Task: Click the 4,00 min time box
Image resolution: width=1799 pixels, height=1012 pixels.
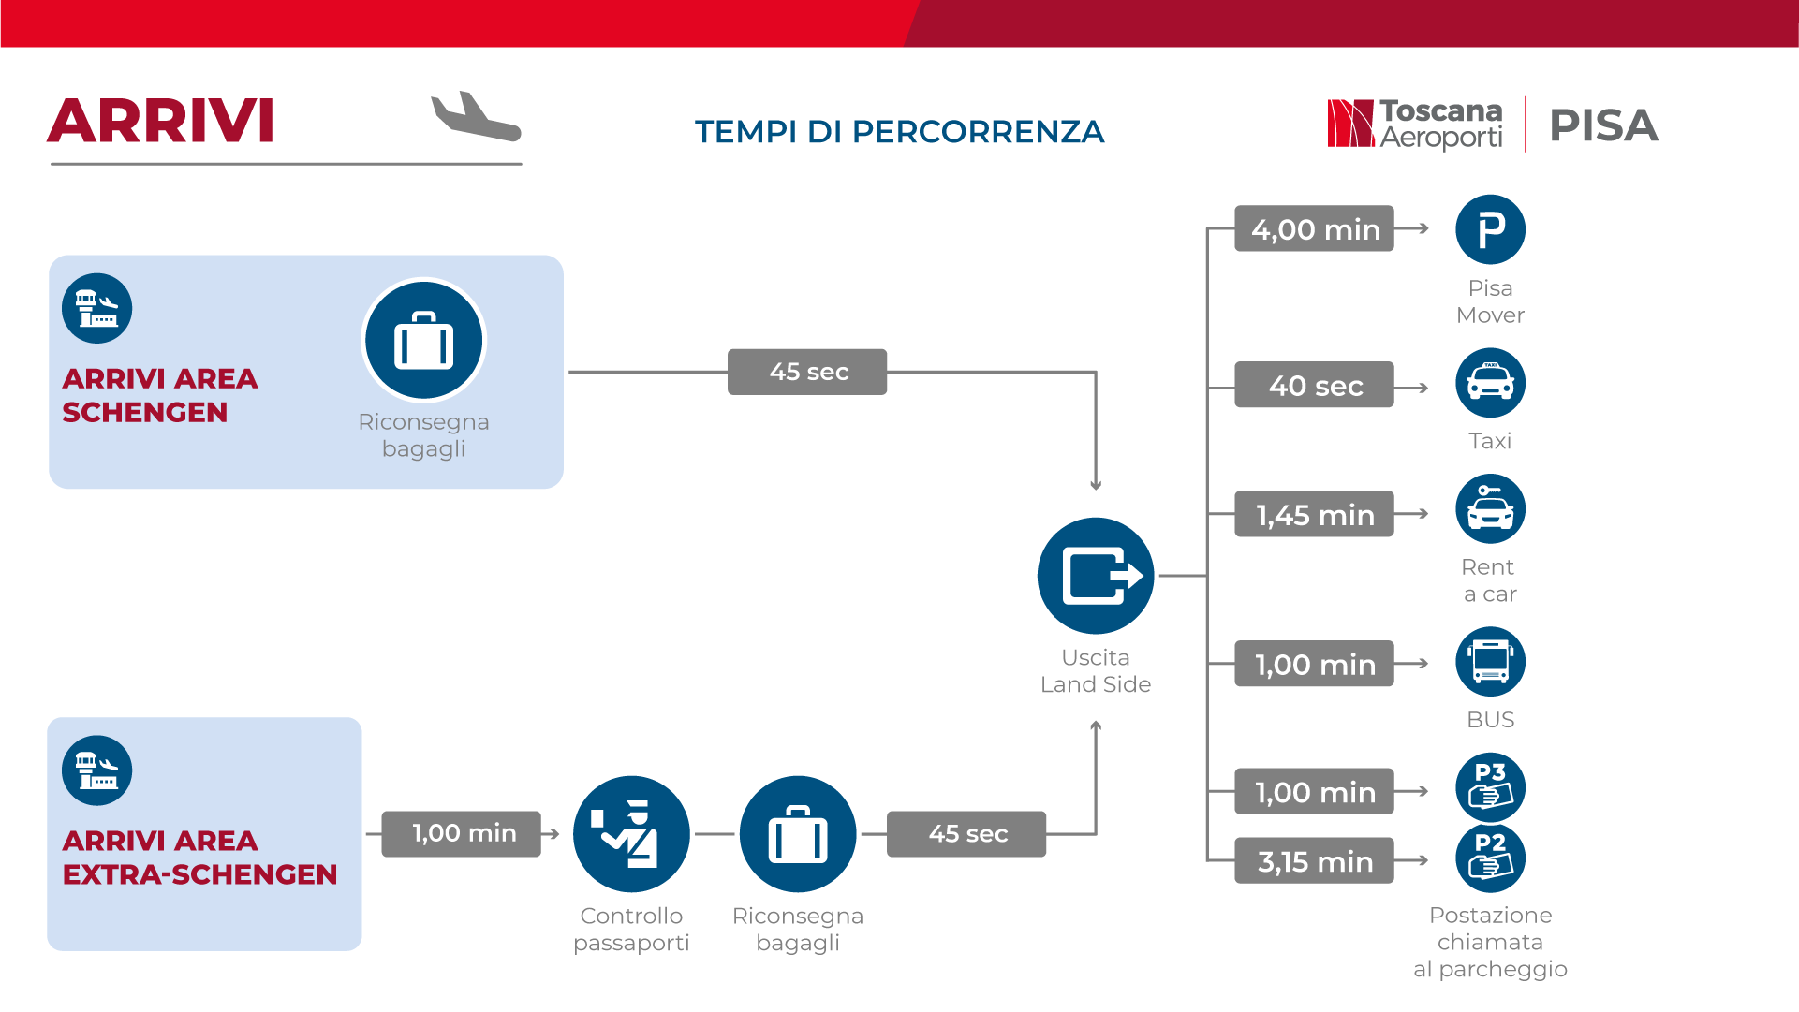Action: tap(1314, 228)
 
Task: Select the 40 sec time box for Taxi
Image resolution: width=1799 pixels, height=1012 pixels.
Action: tap(1314, 385)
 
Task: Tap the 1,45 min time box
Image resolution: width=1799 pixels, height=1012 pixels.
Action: tap(1314, 514)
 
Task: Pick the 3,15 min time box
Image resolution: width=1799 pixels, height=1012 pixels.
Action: tap(1314, 860)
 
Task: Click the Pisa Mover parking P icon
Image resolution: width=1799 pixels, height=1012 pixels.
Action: tap(1490, 229)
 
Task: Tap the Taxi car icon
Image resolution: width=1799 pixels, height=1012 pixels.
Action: tap(1490, 383)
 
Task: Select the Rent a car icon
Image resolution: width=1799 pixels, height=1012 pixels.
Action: tap(1490, 509)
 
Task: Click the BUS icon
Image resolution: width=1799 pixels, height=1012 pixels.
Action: tap(1490, 662)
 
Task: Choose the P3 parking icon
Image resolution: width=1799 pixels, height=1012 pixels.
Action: tap(1490, 787)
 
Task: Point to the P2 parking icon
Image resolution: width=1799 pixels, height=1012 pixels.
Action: tap(1490, 858)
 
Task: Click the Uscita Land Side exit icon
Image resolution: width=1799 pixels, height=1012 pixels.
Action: tap(1096, 576)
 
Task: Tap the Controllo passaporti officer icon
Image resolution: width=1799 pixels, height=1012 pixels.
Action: tap(631, 834)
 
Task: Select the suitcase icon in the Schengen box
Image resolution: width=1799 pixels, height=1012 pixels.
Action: tap(424, 340)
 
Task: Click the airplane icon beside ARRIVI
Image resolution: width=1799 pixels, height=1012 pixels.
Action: tap(476, 117)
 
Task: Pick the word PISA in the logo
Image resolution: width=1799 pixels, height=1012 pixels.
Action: tap(1603, 125)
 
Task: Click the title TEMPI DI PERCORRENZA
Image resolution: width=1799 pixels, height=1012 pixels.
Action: tap(899, 132)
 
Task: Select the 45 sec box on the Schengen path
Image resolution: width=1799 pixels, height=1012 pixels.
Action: tap(807, 372)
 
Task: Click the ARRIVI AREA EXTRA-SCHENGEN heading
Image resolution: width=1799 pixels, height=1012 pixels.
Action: tap(199, 858)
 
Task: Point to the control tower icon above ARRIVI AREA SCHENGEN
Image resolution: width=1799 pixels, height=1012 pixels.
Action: tap(97, 308)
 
